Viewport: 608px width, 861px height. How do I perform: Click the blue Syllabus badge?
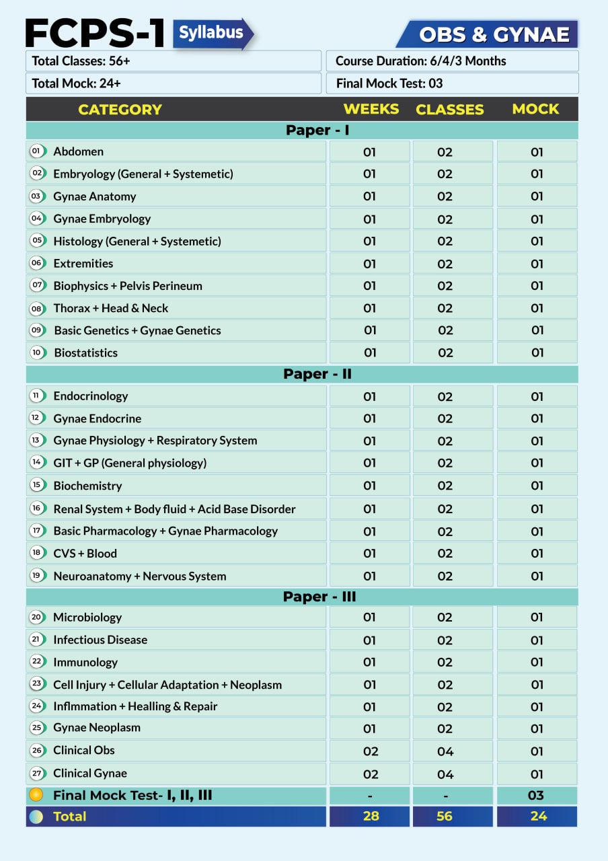[212, 33]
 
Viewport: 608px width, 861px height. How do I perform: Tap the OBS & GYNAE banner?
[493, 34]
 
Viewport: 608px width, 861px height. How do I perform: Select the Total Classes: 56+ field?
[174, 61]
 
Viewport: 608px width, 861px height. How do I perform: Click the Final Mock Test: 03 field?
[452, 83]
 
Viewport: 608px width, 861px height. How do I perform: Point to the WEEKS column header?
[371, 109]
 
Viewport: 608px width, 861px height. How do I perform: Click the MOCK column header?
[535, 109]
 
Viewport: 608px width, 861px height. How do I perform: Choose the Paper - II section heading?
[317, 374]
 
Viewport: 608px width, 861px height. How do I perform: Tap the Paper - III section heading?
[319, 597]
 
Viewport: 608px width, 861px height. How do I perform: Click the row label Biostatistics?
[85, 352]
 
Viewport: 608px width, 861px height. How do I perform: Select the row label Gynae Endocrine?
[97, 418]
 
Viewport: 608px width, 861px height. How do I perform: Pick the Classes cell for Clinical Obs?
[445, 751]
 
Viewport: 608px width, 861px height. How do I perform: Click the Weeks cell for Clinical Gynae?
[370, 774]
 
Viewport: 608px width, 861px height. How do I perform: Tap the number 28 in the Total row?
[371, 816]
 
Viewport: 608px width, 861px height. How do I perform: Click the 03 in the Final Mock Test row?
[535, 795]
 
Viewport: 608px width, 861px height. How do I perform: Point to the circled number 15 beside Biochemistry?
[37, 485]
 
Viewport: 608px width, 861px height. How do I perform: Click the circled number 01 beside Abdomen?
[37, 151]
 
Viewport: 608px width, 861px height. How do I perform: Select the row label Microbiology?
[87, 617]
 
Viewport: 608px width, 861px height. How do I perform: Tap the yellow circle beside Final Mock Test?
[37, 795]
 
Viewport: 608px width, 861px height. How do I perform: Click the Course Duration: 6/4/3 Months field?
[452, 61]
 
